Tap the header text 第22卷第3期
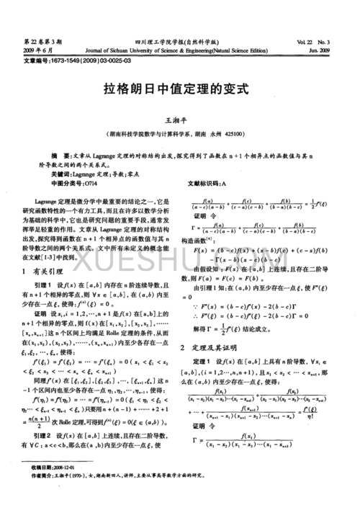click(x=27, y=43)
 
